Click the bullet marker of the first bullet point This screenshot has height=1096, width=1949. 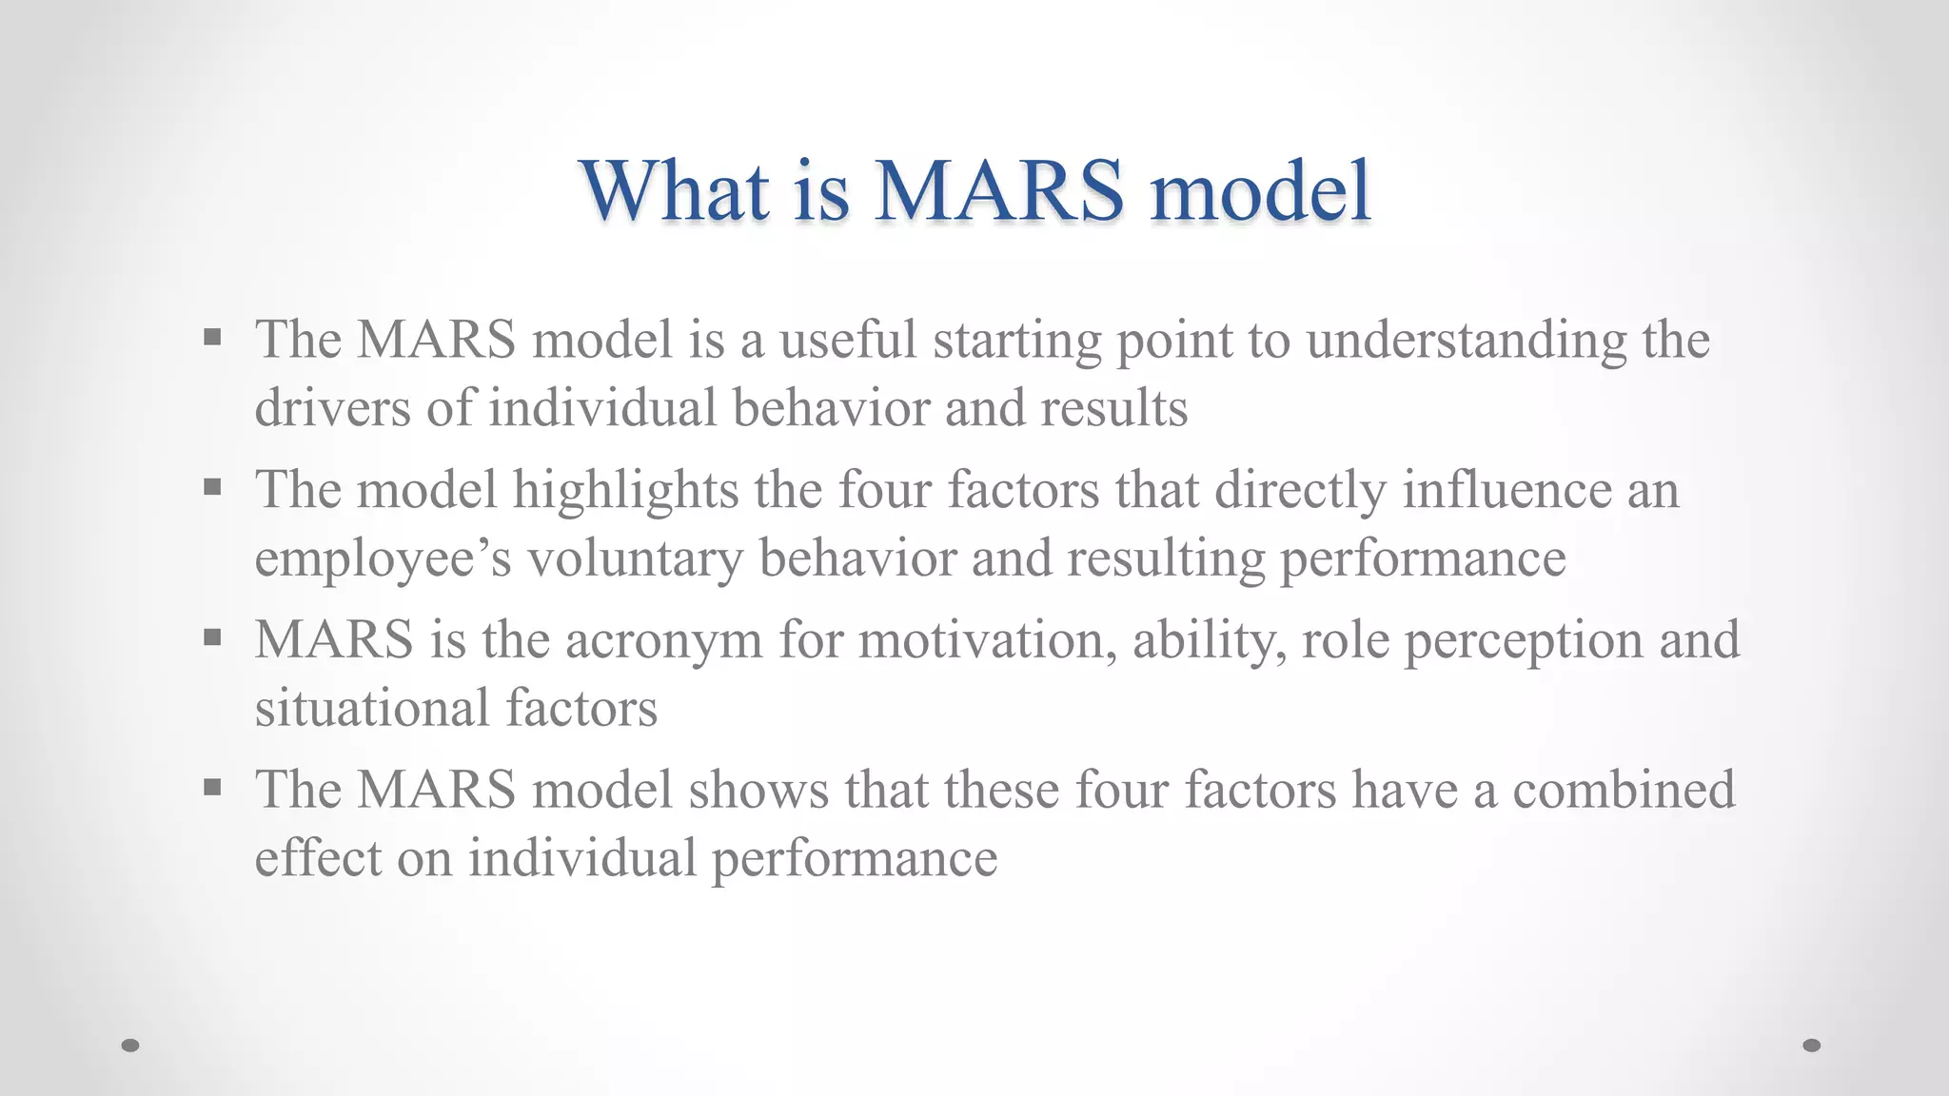pos(212,337)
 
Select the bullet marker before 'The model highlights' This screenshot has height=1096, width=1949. pos(212,488)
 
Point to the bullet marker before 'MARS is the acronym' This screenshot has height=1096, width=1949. pos(212,637)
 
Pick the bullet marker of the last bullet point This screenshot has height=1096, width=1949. pos(212,788)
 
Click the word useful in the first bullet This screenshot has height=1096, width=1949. pos(848,340)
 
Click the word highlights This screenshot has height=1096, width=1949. pos(625,492)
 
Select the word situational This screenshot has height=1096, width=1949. pos(371,709)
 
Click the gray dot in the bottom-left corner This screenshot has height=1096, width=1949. pos(130,1046)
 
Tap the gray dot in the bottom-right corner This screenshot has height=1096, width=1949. pos(1812,1046)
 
